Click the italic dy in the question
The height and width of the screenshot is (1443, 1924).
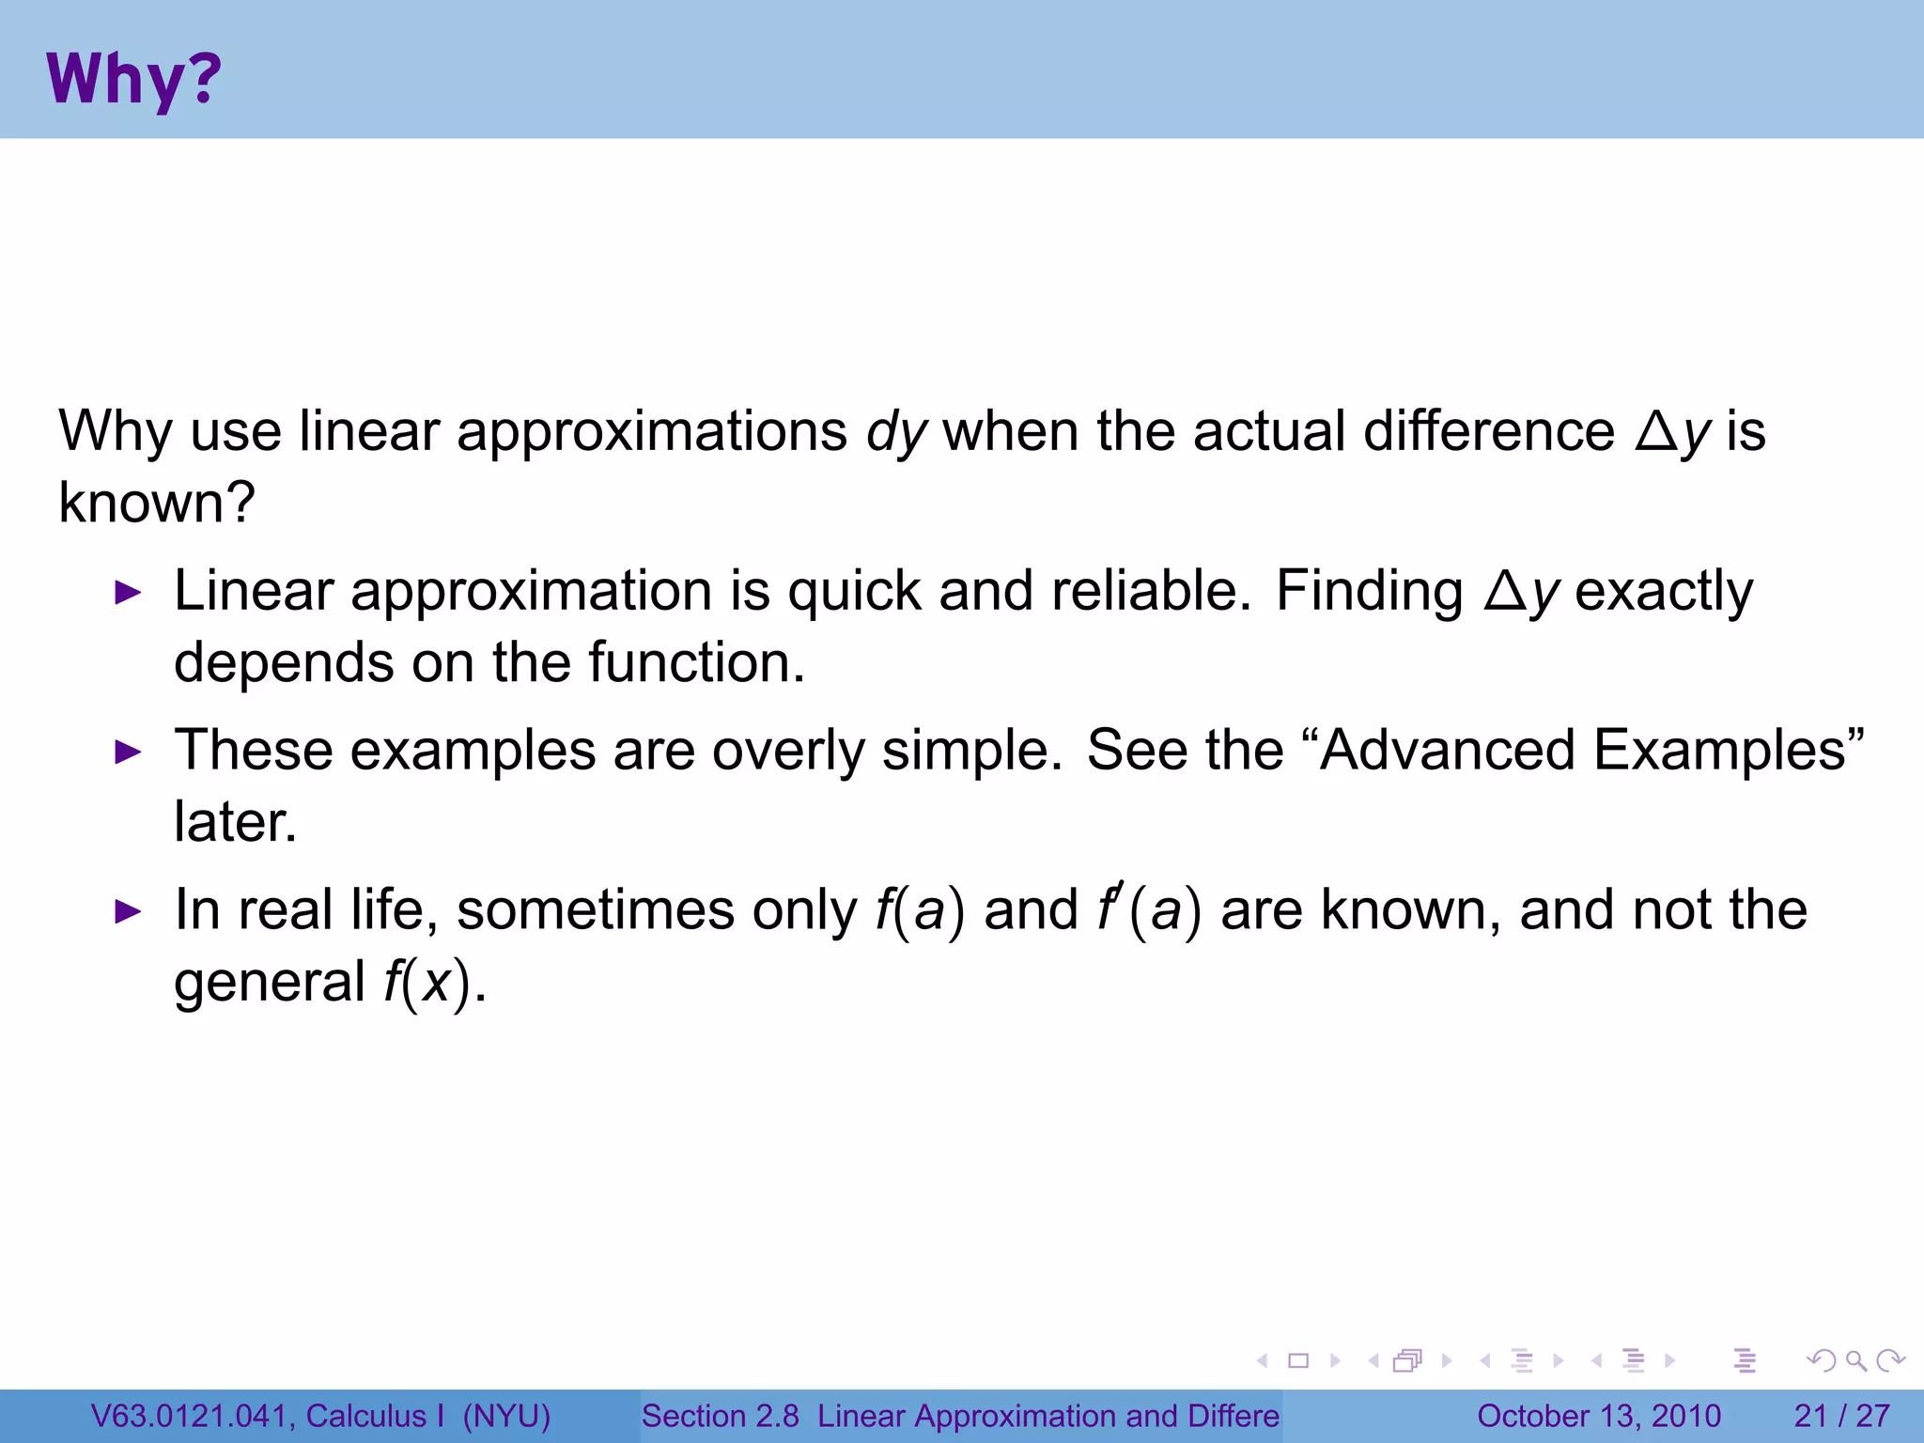pos(896,432)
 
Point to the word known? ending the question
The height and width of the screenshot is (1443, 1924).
pos(157,503)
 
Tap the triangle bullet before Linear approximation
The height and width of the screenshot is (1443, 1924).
pos(128,593)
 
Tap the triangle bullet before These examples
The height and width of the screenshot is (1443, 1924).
pos(128,753)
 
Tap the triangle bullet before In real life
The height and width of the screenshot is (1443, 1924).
pos(128,911)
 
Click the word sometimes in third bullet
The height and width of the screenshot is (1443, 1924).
pos(596,910)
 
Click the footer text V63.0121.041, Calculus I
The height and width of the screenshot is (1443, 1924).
pos(268,1416)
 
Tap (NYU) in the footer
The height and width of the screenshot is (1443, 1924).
pos(506,1416)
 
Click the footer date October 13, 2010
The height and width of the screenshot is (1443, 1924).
pos(1599,1416)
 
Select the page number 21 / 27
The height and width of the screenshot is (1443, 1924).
pos(1841,1416)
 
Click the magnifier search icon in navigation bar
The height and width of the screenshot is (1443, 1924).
pos(1855,1360)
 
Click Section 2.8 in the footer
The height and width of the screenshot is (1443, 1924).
pos(720,1416)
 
